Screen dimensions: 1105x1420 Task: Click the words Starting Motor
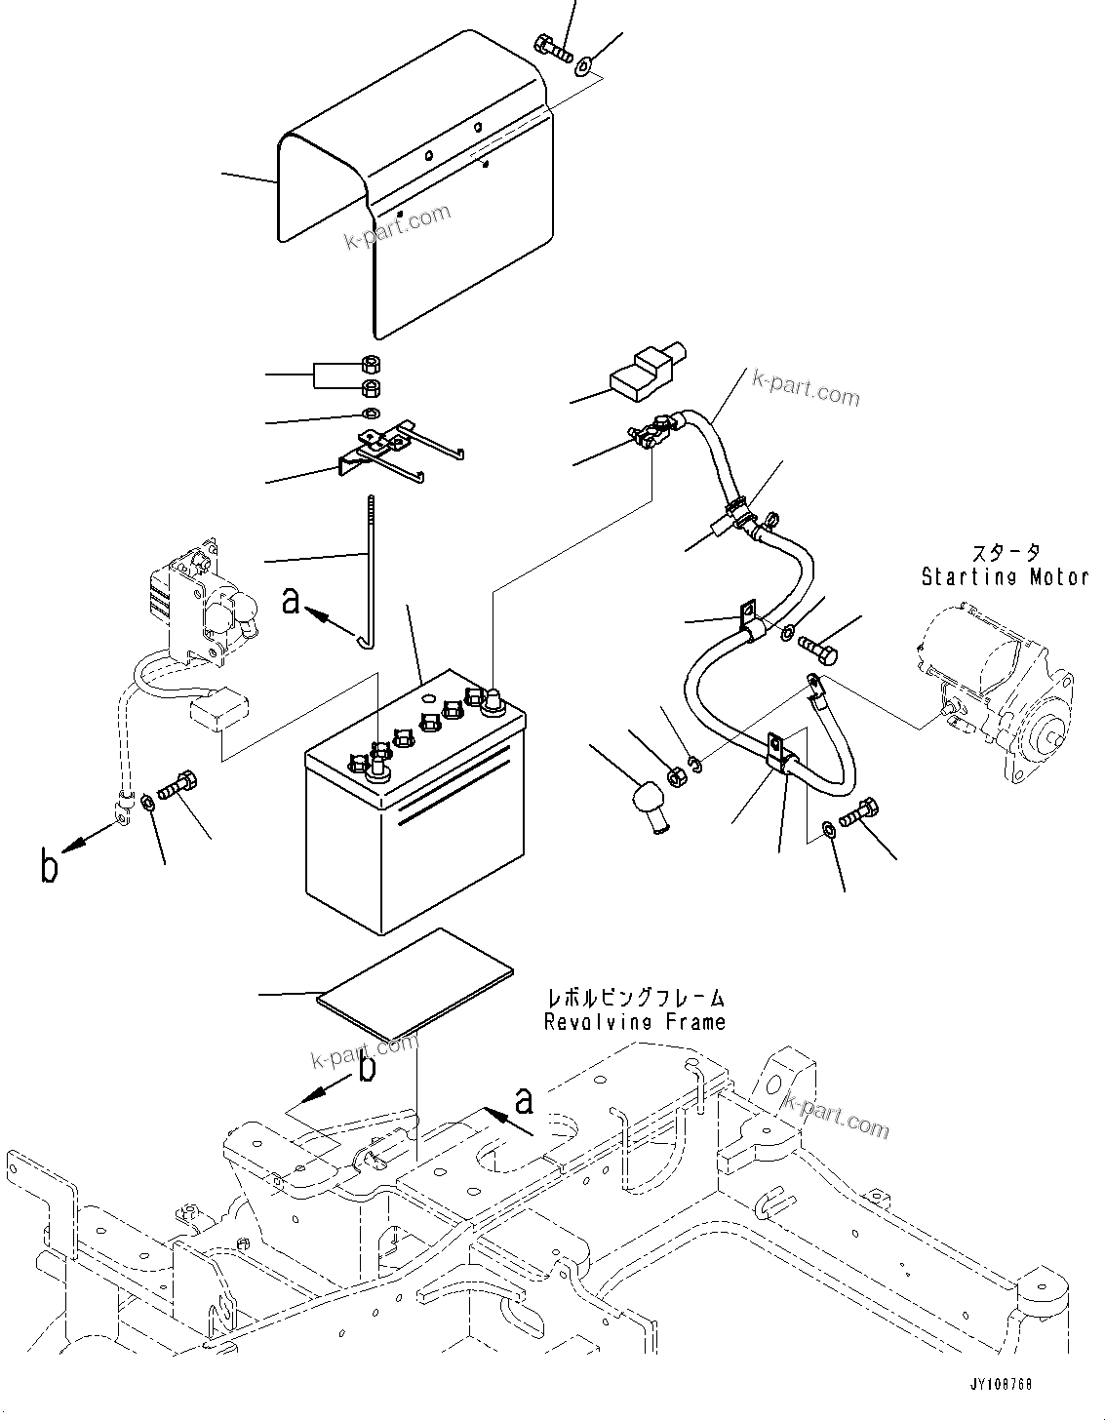click(x=1005, y=576)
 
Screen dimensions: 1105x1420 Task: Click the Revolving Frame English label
click(x=634, y=1022)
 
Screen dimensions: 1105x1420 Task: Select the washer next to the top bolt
click(x=583, y=66)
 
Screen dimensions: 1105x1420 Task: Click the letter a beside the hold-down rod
click(x=291, y=601)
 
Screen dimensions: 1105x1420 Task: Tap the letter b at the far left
click(x=49, y=866)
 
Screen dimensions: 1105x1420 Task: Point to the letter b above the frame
click(x=367, y=1068)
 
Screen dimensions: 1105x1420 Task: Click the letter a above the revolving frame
click(x=524, y=1102)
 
